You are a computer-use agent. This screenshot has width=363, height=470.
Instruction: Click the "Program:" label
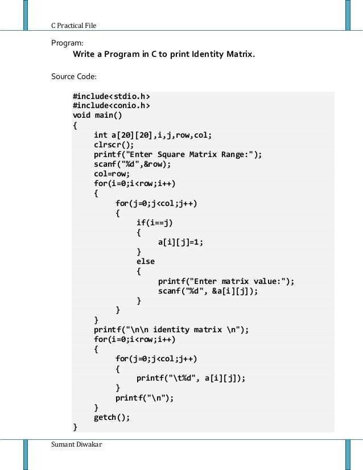tap(67, 43)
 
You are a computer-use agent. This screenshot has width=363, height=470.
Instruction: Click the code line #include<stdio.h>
tap(112, 96)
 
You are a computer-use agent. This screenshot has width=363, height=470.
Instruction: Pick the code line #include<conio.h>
tap(112, 106)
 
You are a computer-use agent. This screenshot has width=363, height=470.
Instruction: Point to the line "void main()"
tap(97, 116)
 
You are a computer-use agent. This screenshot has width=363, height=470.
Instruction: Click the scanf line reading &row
tap(132, 164)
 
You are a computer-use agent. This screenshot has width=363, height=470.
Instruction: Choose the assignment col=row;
tap(112, 174)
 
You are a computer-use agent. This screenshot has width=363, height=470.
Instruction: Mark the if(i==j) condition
tap(154, 222)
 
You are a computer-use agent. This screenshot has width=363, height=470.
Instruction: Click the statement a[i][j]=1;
tap(180, 242)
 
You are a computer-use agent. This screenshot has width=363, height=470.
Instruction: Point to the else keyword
tap(145, 261)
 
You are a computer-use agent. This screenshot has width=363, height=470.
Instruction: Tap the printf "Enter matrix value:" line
tap(226, 281)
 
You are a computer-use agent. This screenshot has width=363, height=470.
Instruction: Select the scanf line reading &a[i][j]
tap(208, 291)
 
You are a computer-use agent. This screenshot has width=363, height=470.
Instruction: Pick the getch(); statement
tap(112, 417)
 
